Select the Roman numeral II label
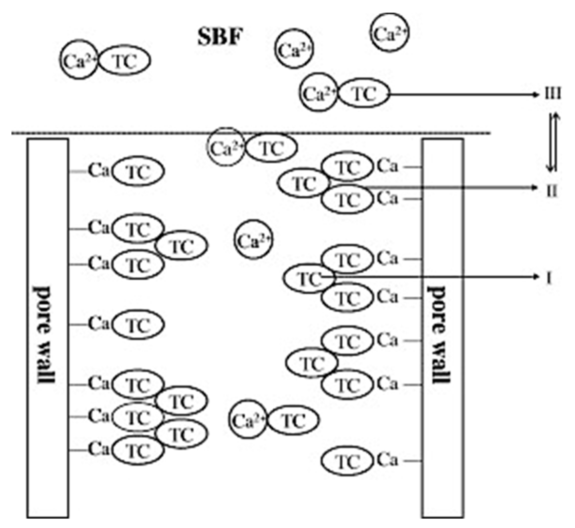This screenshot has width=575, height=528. [552, 191]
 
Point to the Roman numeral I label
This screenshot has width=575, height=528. [549, 278]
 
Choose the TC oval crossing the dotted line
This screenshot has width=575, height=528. [271, 148]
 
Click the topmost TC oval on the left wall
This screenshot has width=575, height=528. [138, 172]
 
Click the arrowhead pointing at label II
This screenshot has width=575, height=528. [535, 188]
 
